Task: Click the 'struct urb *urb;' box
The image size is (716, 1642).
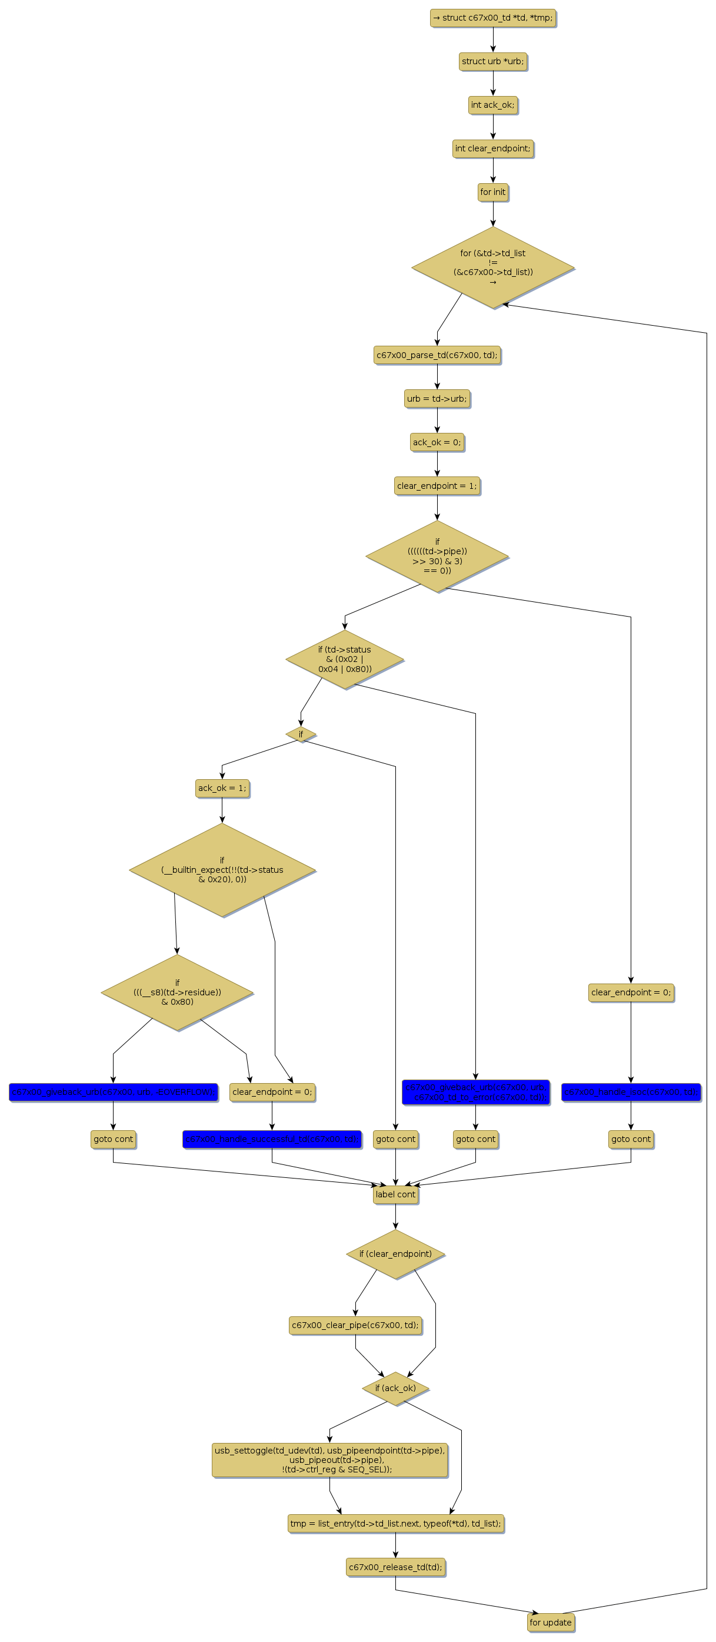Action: click(492, 61)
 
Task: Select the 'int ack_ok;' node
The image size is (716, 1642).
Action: click(492, 104)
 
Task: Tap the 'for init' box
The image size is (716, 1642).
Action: click(492, 192)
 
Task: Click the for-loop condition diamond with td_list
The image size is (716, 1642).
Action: click(492, 267)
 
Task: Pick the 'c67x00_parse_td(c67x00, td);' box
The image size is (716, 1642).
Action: click(437, 355)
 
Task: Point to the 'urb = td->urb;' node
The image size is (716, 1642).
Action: click(437, 398)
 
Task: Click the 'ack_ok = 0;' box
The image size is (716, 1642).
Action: click(437, 442)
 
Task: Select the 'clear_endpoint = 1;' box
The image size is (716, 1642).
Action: click(437, 486)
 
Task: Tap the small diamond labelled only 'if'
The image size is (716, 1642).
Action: click(301, 734)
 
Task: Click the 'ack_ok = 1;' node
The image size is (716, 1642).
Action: click(222, 788)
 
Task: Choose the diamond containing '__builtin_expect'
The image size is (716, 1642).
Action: click(222, 869)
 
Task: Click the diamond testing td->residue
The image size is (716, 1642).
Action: click(177, 992)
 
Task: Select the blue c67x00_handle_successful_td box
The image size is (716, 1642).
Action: click(272, 1139)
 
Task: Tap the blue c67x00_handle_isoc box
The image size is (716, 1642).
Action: click(631, 1092)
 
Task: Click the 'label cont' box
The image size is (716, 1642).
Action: click(395, 1194)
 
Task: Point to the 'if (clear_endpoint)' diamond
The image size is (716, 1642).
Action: click(395, 1254)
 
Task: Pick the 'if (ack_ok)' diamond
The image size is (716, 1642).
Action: click(395, 1388)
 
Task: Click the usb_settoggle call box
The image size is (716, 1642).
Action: click(329, 1459)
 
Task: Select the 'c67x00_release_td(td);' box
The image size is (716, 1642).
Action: click(395, 1567)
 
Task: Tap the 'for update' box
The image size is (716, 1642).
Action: click(550, 1622)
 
